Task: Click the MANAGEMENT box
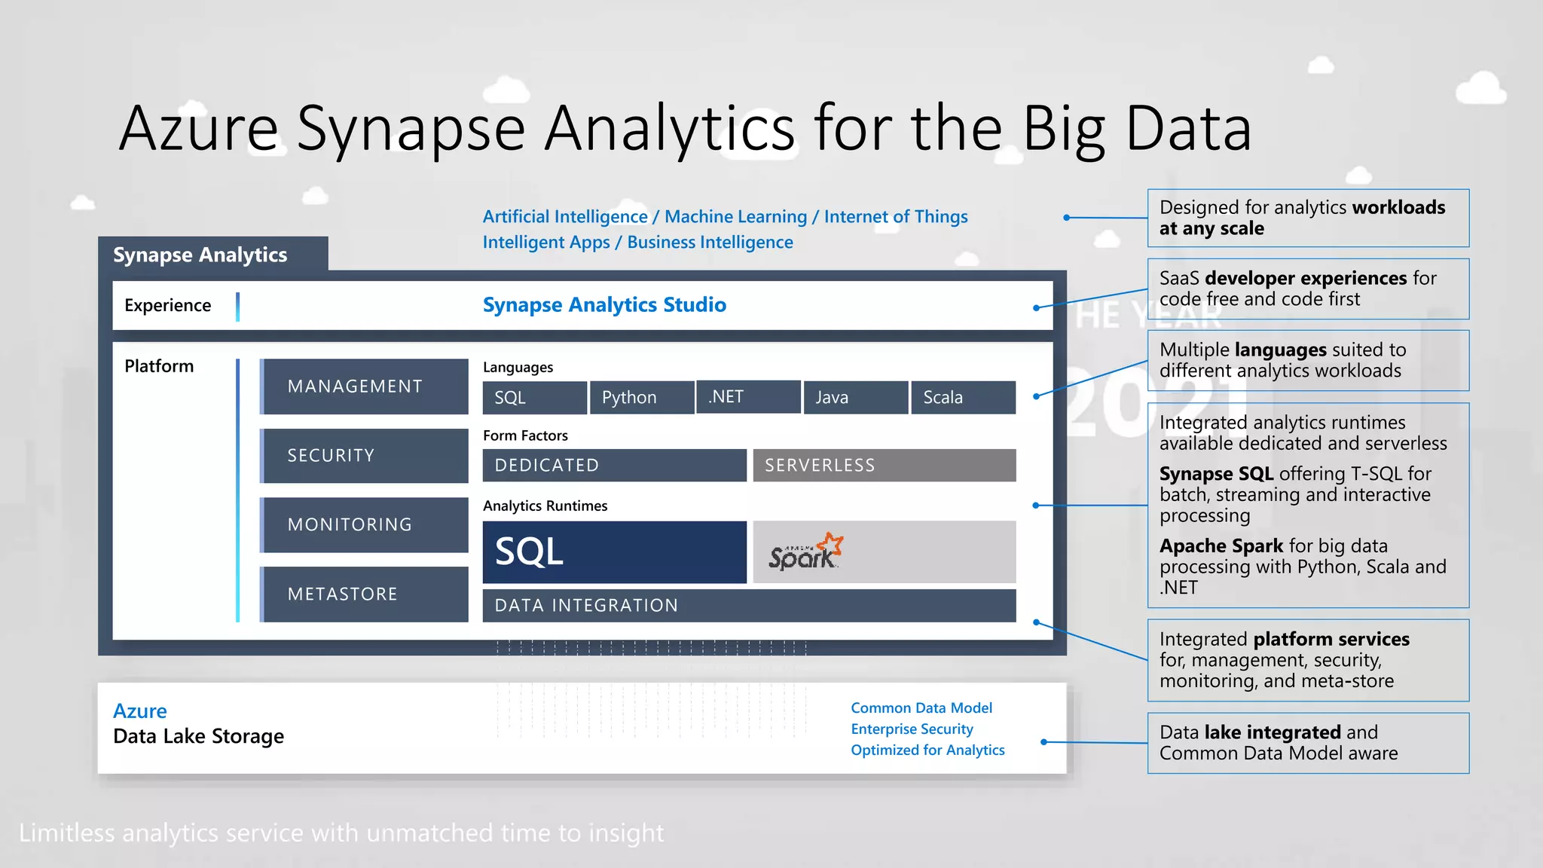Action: (364, 386)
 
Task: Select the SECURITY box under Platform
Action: (364, 455)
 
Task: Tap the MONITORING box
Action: (364, 524)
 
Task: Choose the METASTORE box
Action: (364, 594)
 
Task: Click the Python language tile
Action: (641, 397)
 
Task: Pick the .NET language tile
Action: (748, 396)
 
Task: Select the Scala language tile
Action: (962, 397)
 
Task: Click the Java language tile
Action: (855, 397)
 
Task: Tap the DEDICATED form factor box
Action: (614, 465)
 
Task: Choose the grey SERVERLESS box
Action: (884, 465)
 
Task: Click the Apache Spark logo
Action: (805, 552)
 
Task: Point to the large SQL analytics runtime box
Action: (614, 552)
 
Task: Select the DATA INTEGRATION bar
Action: (748, 605)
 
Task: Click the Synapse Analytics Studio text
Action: (604, 304)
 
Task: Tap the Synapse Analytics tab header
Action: (200, 255)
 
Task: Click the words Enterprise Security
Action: (912, 729)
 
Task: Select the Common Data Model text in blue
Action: (921, 708)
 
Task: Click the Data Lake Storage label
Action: (198, 736)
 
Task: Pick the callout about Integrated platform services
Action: (1307, 660)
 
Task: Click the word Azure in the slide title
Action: (199, 128)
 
